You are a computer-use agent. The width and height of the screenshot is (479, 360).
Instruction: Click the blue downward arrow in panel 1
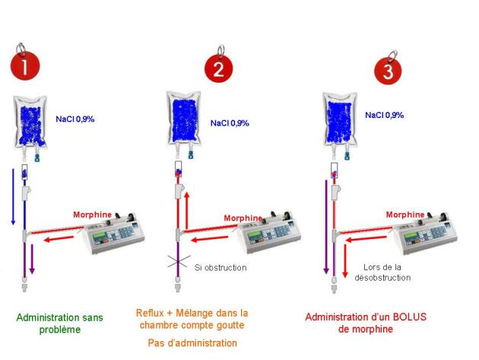point(13,197)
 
